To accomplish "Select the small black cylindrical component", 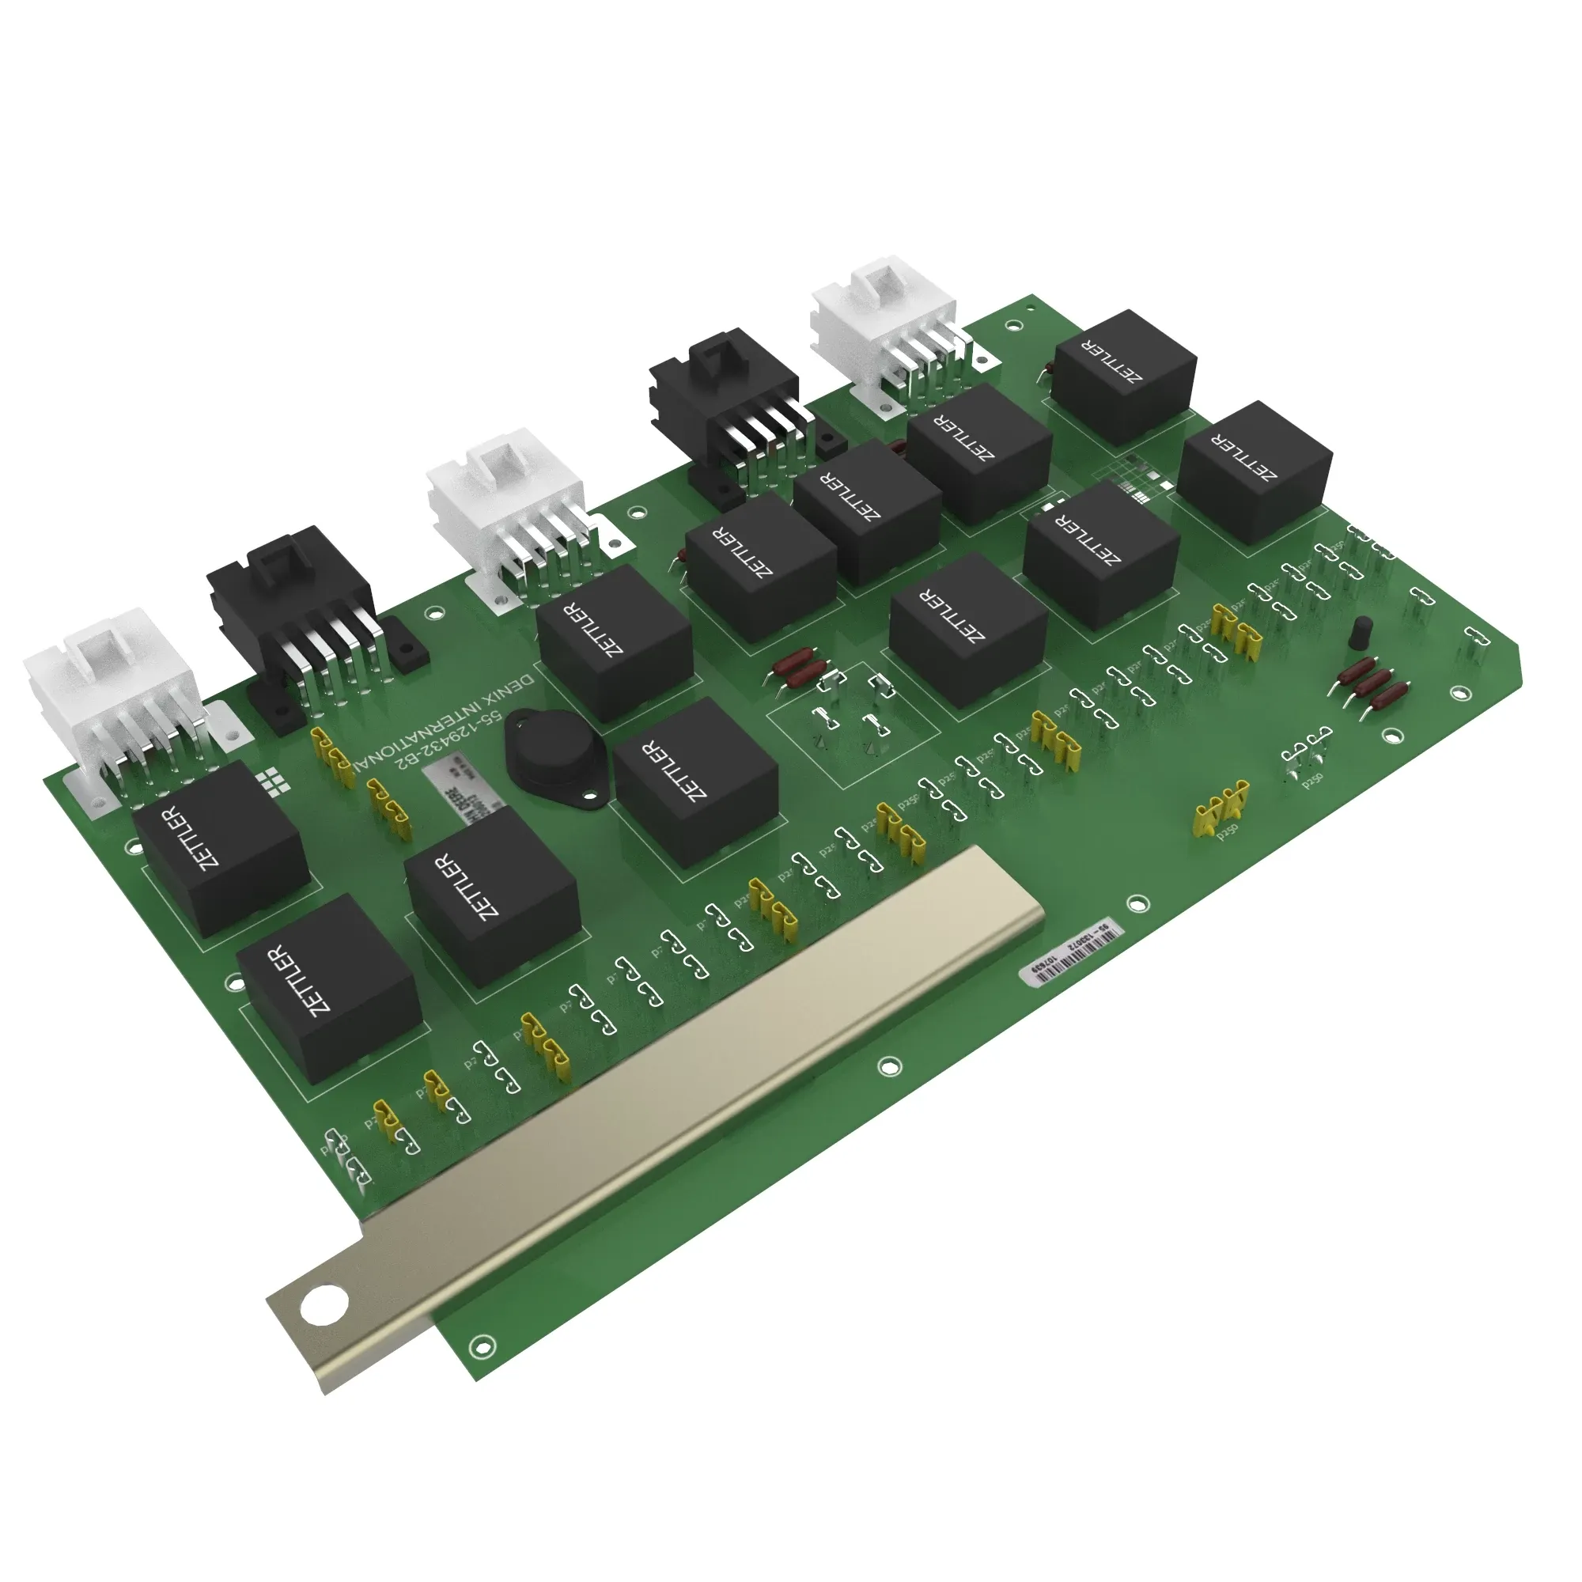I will (1360, 631).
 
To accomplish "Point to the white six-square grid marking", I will (272, 782).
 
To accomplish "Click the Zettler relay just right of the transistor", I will (694, 782).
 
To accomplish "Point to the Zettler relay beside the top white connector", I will (1122, 376).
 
